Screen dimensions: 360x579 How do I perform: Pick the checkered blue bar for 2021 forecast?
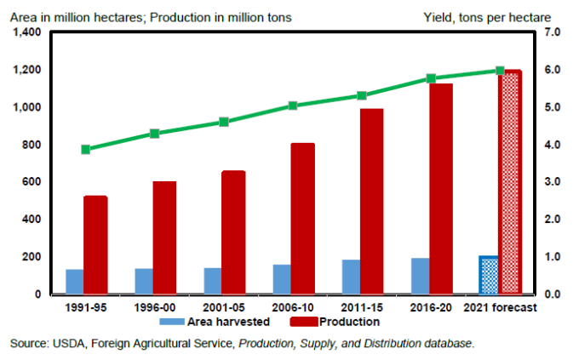[488, 275]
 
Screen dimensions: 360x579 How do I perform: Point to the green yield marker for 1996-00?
[155, 134]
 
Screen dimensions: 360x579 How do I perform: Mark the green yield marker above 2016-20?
[431, 78]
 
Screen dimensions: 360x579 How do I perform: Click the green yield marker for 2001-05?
[224, 122]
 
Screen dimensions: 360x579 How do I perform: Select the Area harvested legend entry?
[215, 322]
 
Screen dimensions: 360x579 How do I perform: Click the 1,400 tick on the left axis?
[26, 32]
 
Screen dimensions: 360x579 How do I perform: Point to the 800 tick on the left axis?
[32, 145]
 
